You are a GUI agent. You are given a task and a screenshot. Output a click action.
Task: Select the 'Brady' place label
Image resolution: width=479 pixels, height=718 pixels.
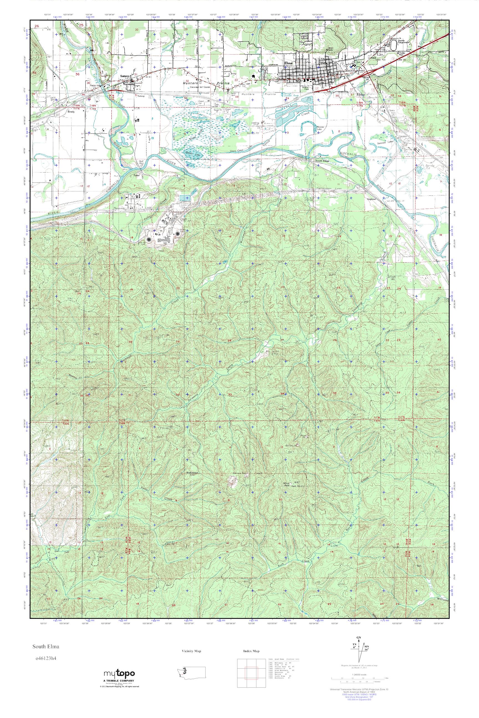tap(71, 112)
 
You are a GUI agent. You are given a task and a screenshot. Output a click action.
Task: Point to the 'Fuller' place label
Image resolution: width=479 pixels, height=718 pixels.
tap(136, 176)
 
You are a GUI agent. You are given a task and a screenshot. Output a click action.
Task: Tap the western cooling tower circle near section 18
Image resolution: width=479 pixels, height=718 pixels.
tap(149, 240)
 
